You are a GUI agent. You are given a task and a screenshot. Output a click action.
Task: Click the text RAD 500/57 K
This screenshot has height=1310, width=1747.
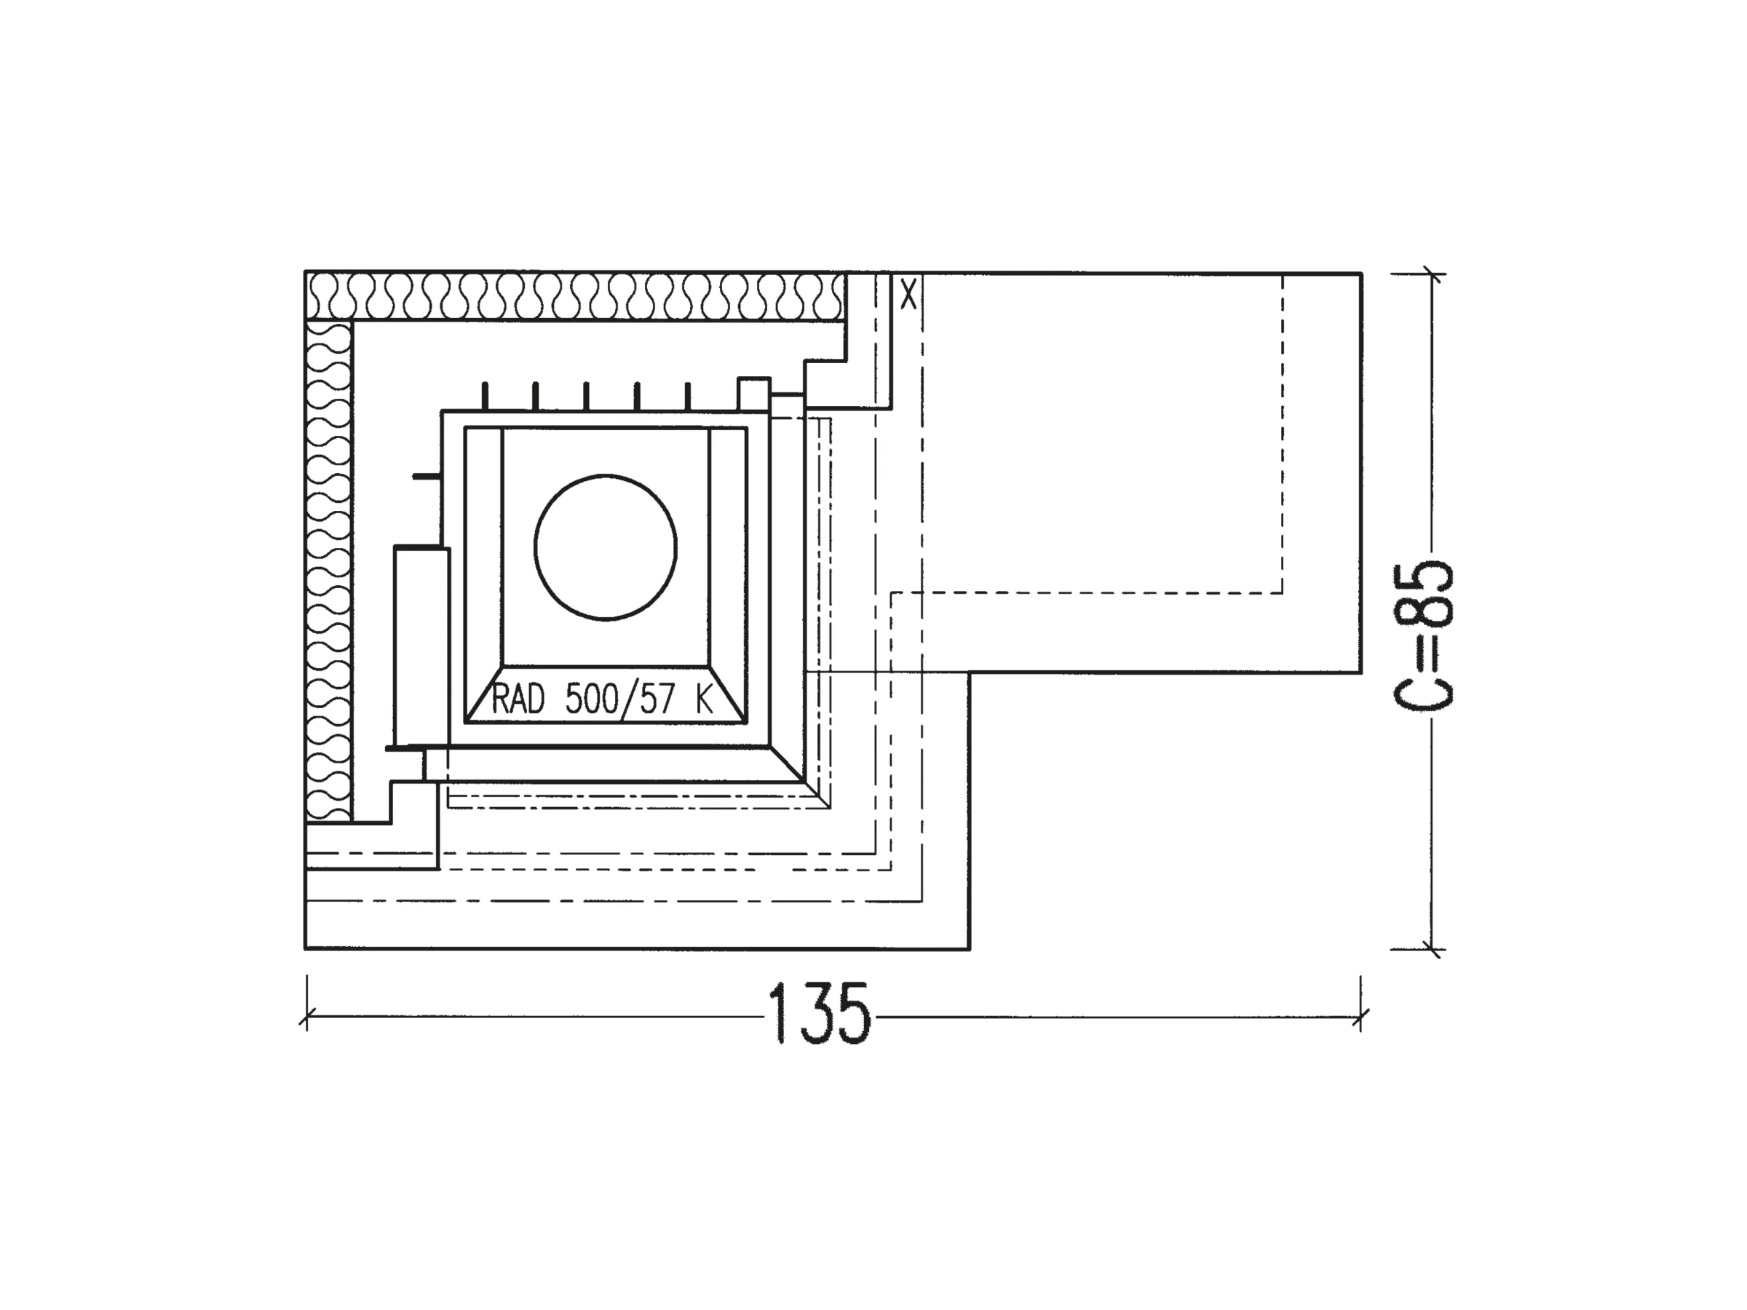coord(602,699)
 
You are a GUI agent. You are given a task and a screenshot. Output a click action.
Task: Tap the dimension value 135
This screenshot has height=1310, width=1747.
coord(819,1014)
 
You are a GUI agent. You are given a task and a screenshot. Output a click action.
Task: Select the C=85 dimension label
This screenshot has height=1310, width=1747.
coord(1422,635)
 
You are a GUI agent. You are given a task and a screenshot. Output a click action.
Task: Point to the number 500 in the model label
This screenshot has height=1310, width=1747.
coord(592,699)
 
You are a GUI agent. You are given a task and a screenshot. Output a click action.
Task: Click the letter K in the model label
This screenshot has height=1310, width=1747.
coord(705,699)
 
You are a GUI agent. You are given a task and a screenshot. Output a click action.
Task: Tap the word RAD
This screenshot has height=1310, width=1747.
coord(518,699)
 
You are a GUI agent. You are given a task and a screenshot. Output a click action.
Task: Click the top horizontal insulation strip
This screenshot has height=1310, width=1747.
coord(576,296)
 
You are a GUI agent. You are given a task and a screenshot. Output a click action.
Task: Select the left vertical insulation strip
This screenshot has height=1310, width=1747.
coord(328,570)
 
